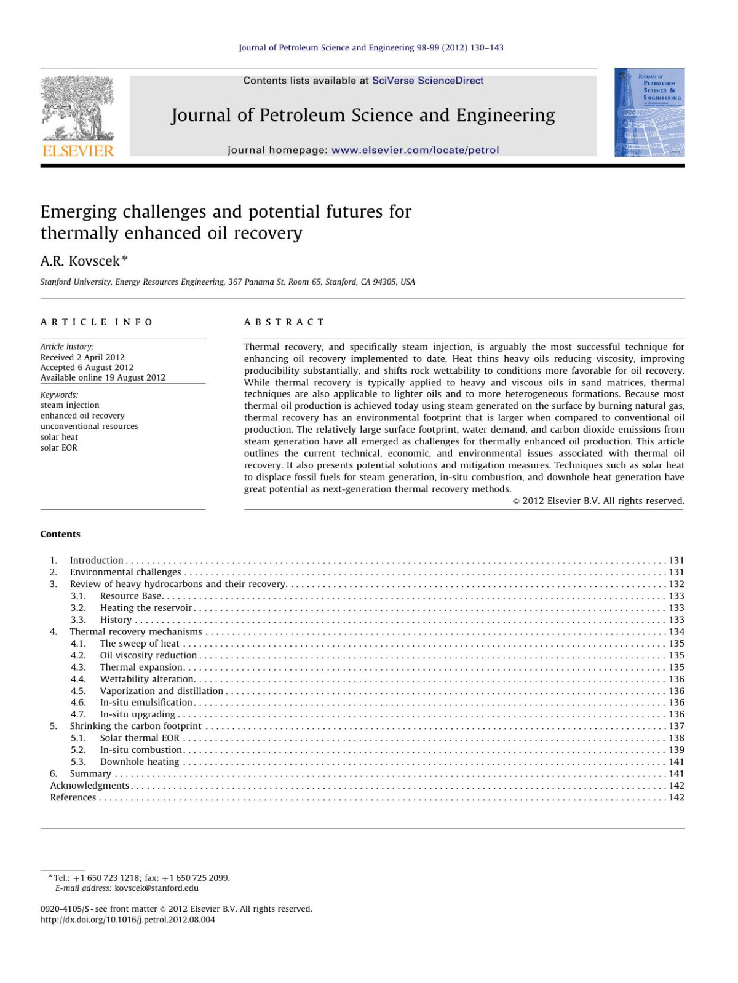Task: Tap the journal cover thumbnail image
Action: (x=649, y=113)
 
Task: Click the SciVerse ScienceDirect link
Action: (x=427, y=81)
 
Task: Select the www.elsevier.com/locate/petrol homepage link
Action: (x=415, y=150)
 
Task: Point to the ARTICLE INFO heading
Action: (x=97, y=322)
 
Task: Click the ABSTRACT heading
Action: (x=284, y=322)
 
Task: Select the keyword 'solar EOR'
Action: (x=59, y=448)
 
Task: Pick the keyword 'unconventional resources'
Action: (x=89, y=426)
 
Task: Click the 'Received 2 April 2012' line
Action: (x=82, y=357)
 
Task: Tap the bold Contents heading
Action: (x=60, y=534)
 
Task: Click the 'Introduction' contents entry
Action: (x=97, y=560)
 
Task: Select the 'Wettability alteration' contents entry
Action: (x=147, y=679)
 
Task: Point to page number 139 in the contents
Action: (x=676, y=750)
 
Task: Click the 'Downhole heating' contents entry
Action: (x=140, y=762)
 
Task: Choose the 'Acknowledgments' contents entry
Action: (x=90, y=786)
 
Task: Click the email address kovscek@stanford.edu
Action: (x=156, y=888)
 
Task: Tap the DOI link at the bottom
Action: (x=128, y=920)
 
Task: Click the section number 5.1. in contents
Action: (x=78, y=738)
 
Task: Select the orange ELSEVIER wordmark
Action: (x=77, y=151)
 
